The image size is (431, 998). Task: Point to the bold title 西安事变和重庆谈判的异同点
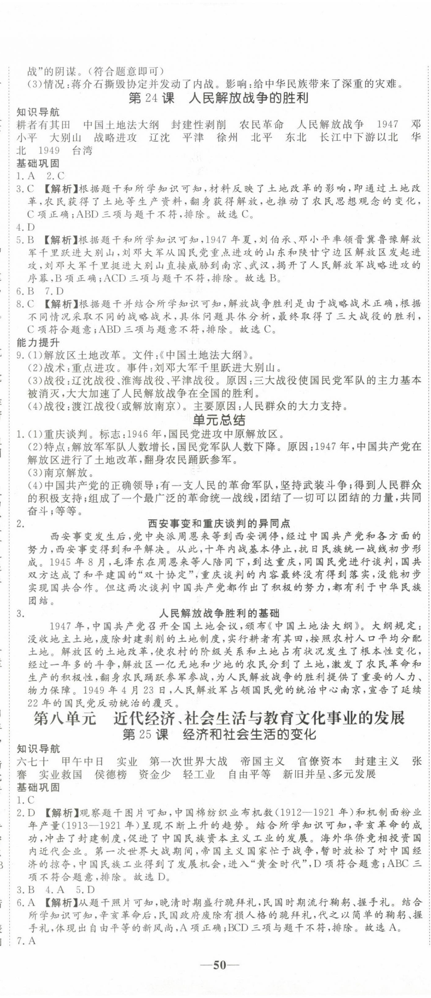pyautogui.click(x=219, y=524)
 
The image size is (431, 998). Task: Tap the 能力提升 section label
pyautogui.click(x=38, y=343)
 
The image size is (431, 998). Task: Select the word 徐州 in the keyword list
pyautogui.click(x=228, y=138)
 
